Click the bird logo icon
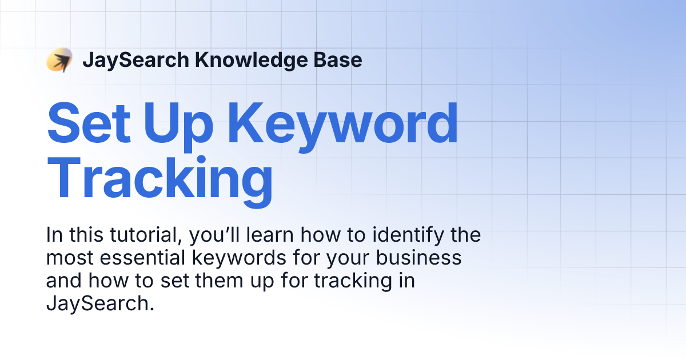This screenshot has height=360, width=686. (59, 60)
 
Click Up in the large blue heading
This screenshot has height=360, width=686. (175, 123)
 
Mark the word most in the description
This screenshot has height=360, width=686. (64, 258)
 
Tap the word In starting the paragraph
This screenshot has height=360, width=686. (54, 235)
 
